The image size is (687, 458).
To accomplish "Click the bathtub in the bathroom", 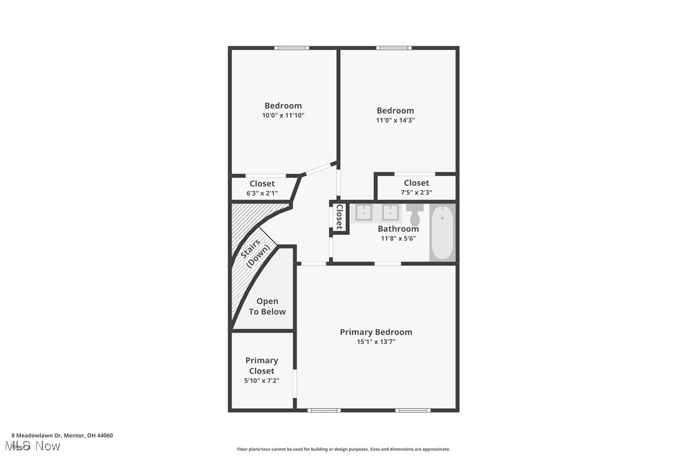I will click(442, 232).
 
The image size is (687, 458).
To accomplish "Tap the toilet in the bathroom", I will click(415, 214).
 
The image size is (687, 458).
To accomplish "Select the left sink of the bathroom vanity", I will click(363, 213).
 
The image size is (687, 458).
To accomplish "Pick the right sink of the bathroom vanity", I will click(390, 213).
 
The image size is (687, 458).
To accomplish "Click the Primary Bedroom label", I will click(376, 332).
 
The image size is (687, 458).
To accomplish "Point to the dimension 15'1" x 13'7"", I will click(376, 342).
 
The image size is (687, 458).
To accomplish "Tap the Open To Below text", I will click(267, 307).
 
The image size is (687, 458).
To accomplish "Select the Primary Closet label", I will click(262, 366).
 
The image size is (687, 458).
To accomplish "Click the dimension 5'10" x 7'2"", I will click(262, 381).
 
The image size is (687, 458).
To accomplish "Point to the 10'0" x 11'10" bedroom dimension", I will click(283, 116).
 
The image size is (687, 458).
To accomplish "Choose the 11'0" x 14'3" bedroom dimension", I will click(395, 120).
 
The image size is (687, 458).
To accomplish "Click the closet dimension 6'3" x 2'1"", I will click(262, 193).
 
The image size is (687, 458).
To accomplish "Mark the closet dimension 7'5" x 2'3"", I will click(416, 192).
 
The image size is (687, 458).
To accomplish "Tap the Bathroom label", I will click(398, 229).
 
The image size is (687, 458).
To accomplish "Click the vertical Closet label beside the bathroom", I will click(340, 216).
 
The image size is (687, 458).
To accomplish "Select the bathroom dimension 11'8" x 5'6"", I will click(398, 238).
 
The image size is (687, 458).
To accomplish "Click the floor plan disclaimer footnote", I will click(343, 449).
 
